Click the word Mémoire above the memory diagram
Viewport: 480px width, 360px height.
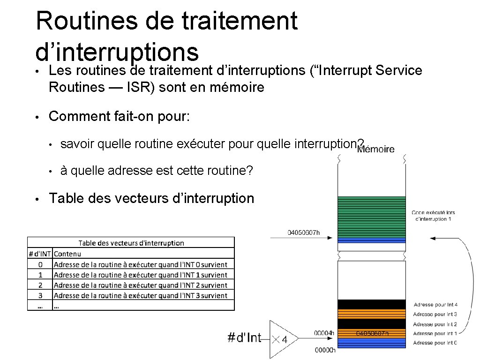point(375,150)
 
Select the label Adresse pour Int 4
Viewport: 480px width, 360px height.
point(435,305)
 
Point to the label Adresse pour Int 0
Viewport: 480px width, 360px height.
point(435,343)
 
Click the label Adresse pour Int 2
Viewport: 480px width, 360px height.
point(435,324)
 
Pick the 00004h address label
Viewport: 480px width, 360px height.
point(324,333)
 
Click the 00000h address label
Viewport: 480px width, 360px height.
point(324,350)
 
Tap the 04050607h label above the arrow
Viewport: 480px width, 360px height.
point(303,232)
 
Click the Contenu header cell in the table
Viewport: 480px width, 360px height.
point(67,254)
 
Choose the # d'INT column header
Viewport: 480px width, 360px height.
point(40,254)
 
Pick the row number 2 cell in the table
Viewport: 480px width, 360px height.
point(40,285)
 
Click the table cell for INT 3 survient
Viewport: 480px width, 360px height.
point(140,295)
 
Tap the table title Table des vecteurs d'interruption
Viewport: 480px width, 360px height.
point(131,243)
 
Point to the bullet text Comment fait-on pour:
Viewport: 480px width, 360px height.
point(120,116)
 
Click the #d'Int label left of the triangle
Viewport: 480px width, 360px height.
point(244,338)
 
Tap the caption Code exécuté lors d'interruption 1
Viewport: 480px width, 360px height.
point(433,216)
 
